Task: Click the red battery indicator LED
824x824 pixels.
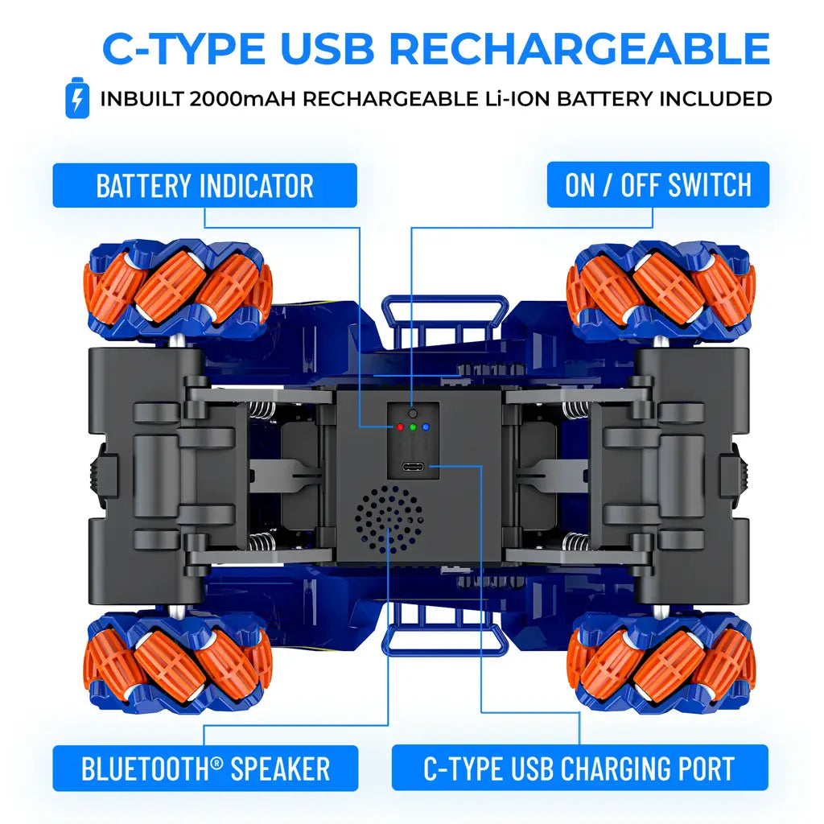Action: [x=398, y=427]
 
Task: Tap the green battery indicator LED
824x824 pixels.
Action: [x=412, y=427]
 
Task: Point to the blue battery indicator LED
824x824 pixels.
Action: [x=426, y=427]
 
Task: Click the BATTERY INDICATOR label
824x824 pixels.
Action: [x=204, y=186]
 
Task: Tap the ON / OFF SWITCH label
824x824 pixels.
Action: [x=657, y=185]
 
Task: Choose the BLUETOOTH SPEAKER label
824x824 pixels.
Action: [x=205, y=768]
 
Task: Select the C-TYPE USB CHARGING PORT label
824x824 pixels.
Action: [x=579, y=768]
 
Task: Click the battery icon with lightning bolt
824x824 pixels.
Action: [x=77, y=97]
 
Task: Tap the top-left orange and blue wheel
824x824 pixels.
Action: [x=178, y=287]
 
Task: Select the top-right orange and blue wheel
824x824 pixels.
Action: [x=661, y=287]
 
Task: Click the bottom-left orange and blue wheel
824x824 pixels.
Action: [x=178, y=663]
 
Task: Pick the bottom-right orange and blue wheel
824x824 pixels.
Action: [x=661, y=663]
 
